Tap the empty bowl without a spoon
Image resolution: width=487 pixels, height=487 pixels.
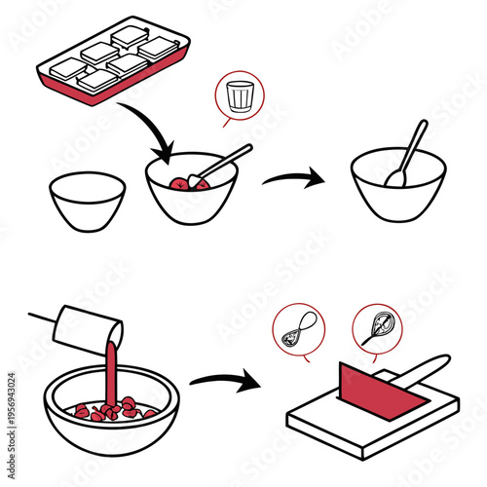tap(87, 201)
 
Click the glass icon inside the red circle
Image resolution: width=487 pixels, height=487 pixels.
tap(238, 96)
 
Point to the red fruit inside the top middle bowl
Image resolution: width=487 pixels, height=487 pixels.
tap(181, 183)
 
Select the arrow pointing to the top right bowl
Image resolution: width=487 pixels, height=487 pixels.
tap(296, 178)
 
